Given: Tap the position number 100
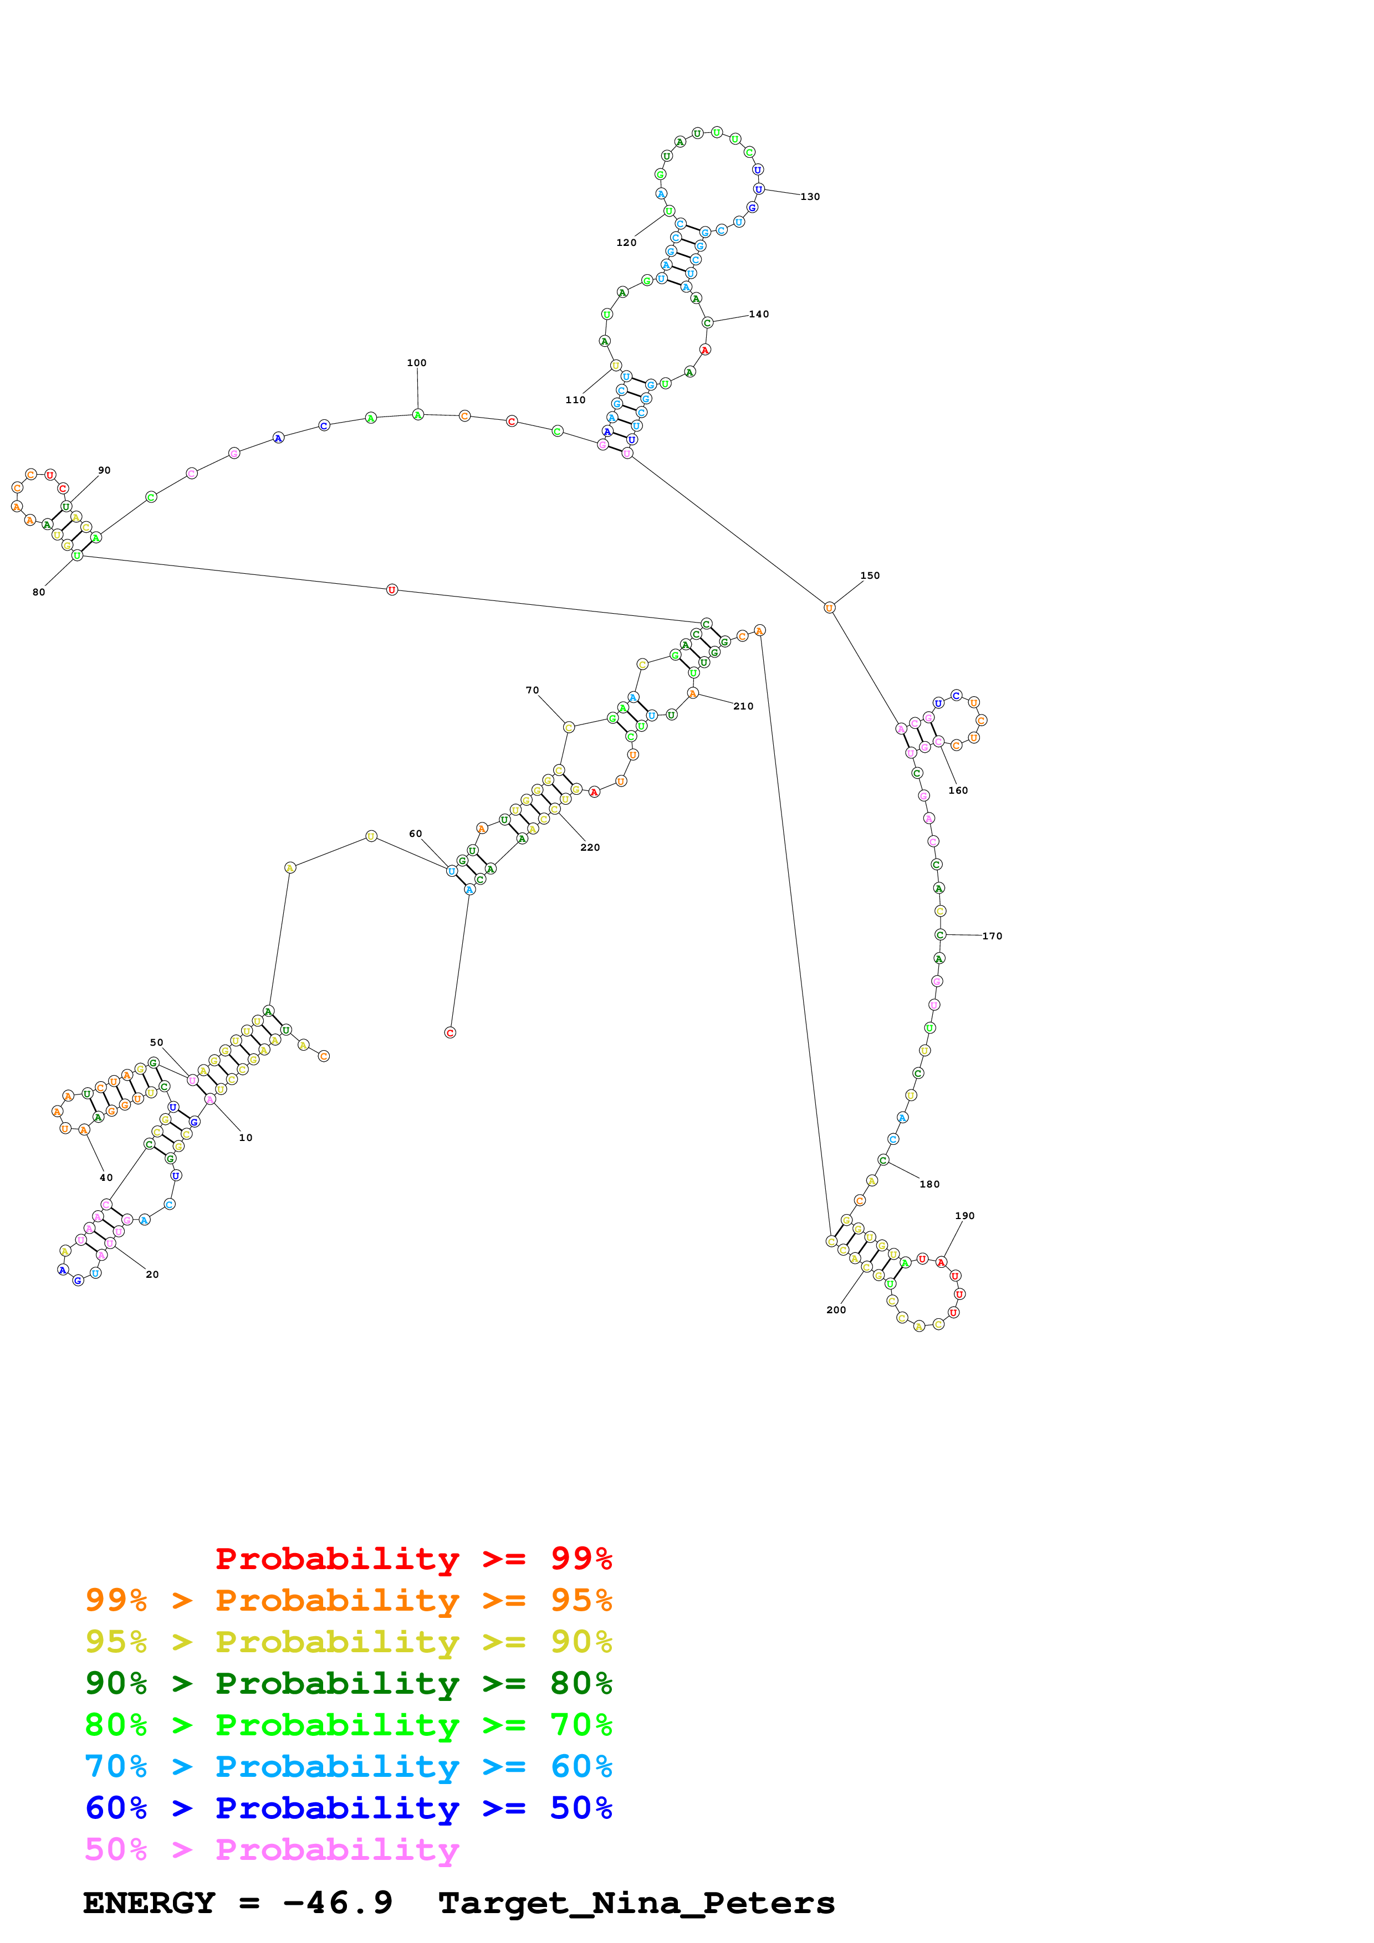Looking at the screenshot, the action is (x=416, y=363).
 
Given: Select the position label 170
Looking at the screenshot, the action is (x=992, y=936).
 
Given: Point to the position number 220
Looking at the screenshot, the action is (x=590, y=847).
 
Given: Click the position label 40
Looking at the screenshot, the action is (x=106, y=1177).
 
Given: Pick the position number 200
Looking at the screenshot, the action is (x=836, y=1310).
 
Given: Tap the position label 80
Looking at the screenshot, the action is (x=39, y=593).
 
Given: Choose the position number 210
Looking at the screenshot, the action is (x=743, y=706).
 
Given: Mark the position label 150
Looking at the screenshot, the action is (x=870, y=575).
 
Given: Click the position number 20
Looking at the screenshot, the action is (x=152, y=1274).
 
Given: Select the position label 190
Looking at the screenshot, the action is (x=964, y=1216).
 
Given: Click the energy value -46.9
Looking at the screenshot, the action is (x=337, y=1903).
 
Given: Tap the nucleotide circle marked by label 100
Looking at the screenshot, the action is (x=417, y=415).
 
